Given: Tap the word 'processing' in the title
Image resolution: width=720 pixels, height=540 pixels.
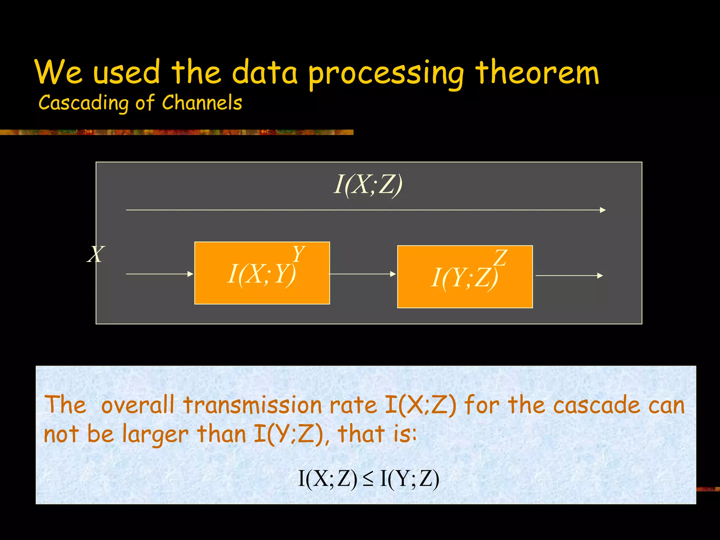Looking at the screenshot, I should click(x=386, y=74).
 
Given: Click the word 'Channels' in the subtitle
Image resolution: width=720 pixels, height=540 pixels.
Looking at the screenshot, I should click(x=202, y=103).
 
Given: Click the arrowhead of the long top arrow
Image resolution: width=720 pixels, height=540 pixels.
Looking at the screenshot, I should click(x=603, y=210).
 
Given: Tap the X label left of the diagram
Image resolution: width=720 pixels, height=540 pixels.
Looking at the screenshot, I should click(x=96, y=254).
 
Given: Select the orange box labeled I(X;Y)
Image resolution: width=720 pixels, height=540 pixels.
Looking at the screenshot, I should click(x=262, y=288).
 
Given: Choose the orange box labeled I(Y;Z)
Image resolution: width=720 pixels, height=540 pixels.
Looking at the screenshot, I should click(x=465, y=295).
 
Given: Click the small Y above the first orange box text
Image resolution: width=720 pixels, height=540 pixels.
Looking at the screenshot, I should click(x=298, y=253).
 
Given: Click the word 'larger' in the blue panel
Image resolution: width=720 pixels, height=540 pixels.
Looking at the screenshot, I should click(x=155, y=435).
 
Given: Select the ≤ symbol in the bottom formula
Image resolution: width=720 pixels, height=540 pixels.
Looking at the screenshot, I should click(x=368, y=479).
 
